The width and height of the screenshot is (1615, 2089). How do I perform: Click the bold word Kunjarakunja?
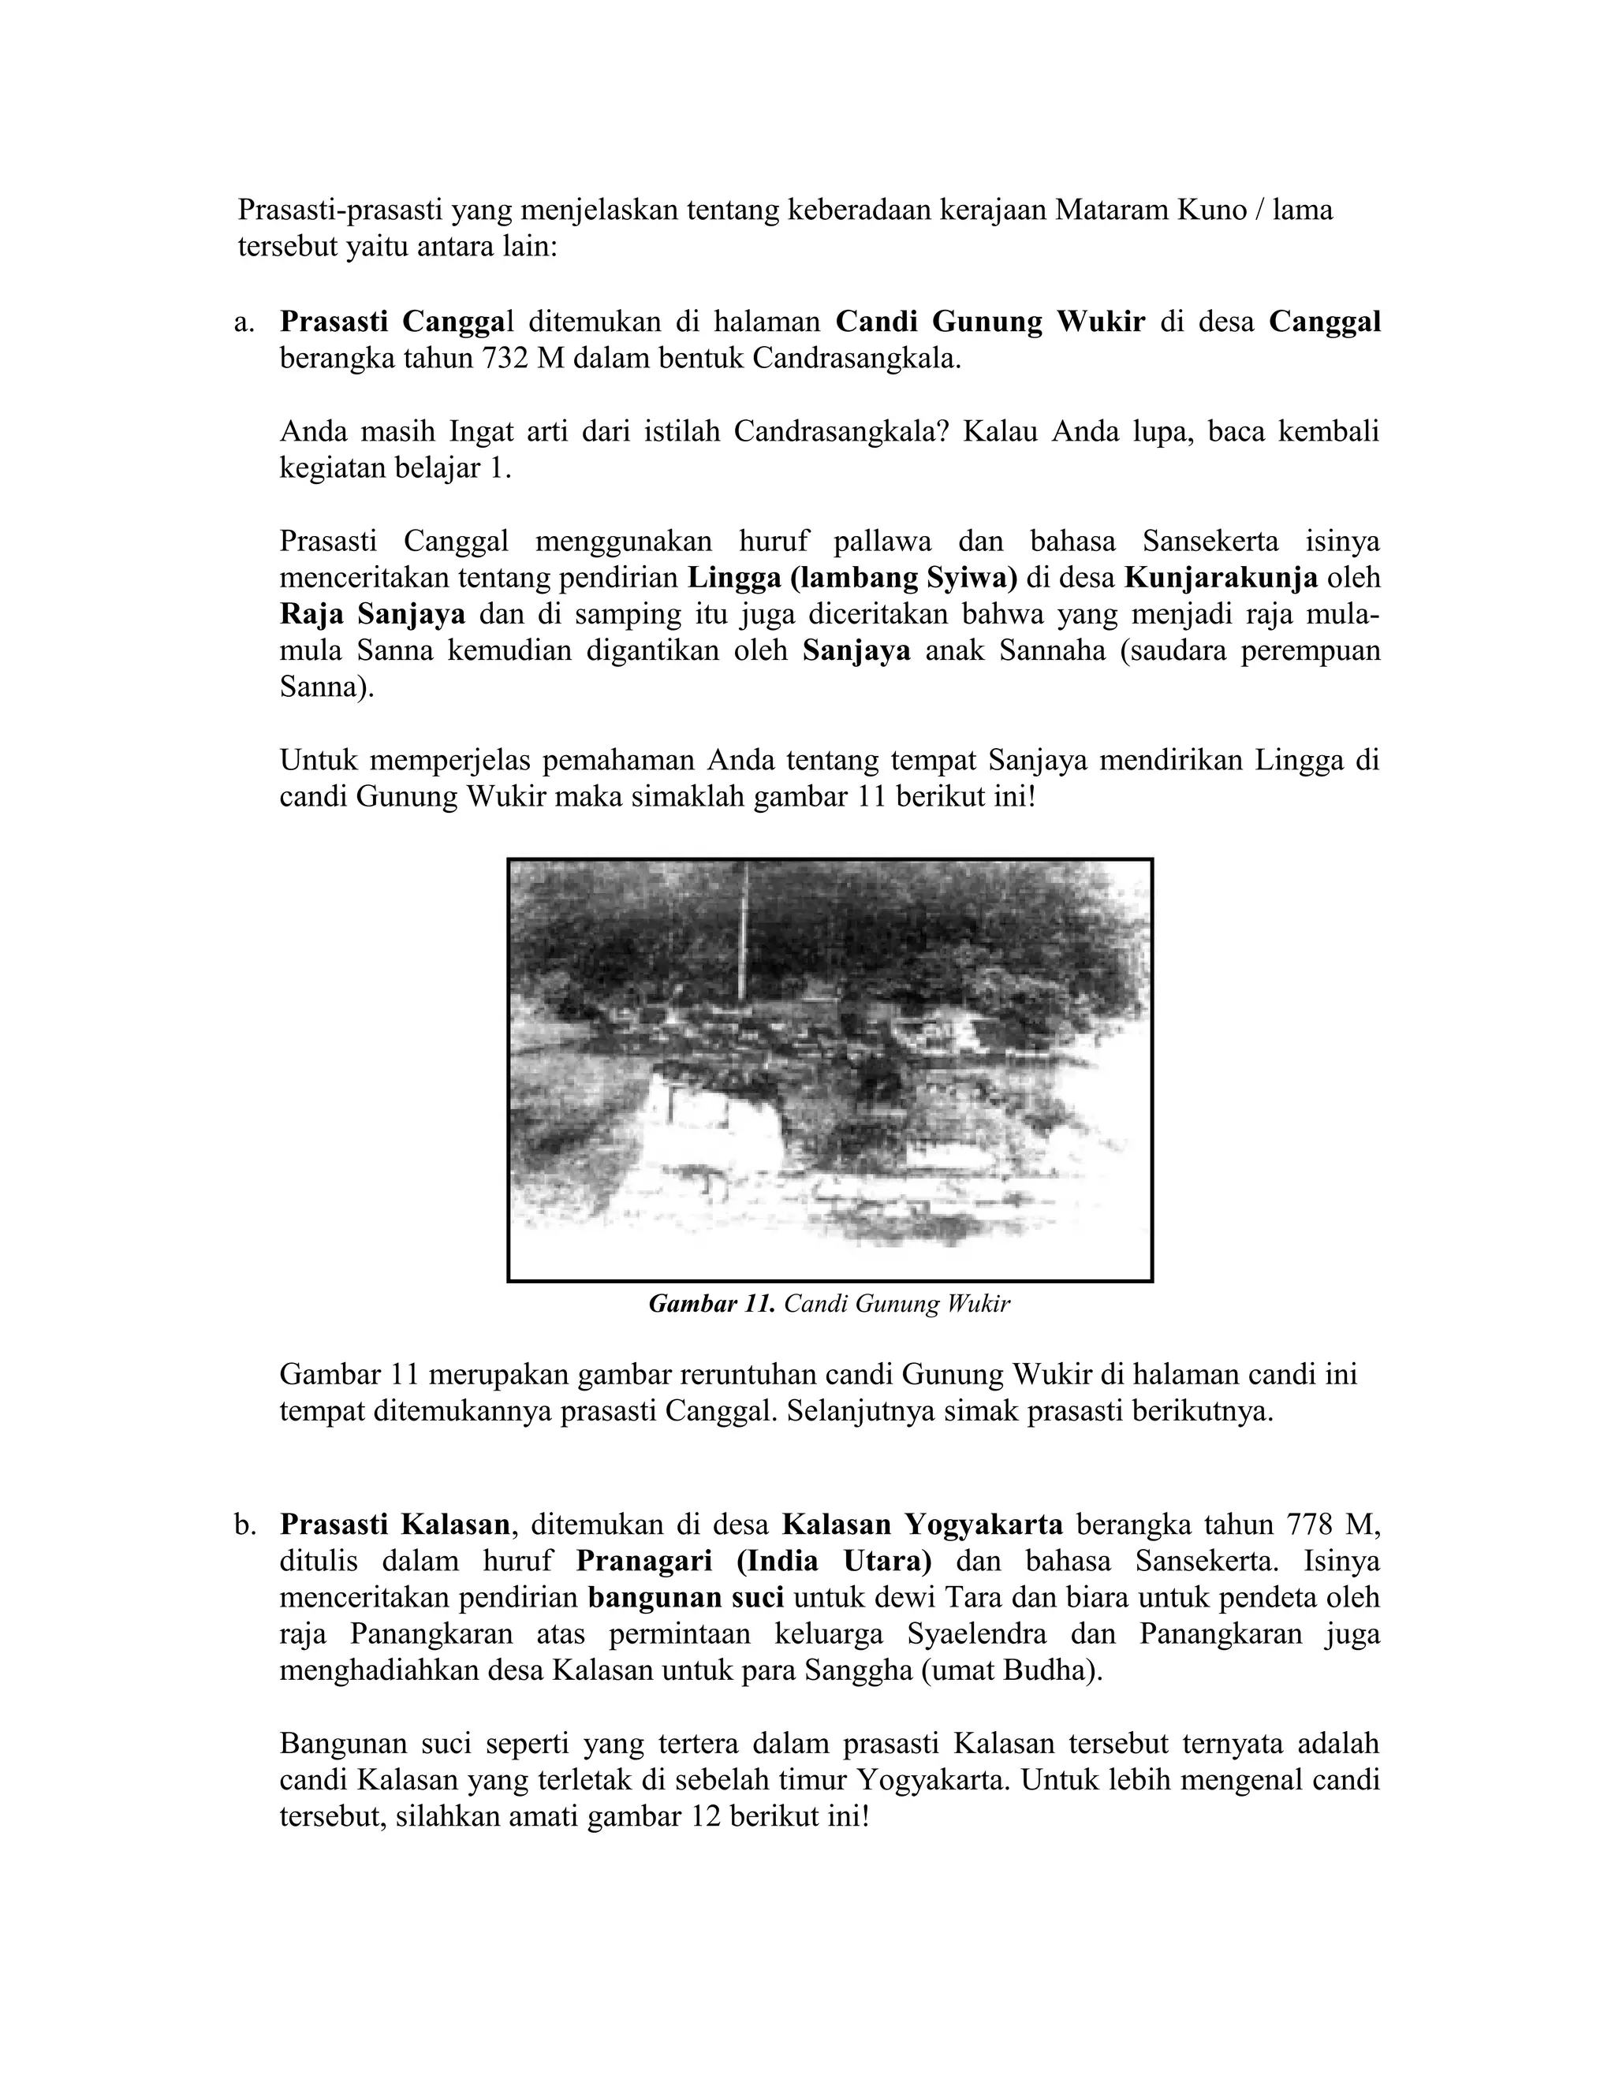click(1221, 578)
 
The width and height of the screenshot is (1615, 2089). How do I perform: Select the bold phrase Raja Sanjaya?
click(372, 614)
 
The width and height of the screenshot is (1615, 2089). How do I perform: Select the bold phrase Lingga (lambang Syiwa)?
click(852, 578)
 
